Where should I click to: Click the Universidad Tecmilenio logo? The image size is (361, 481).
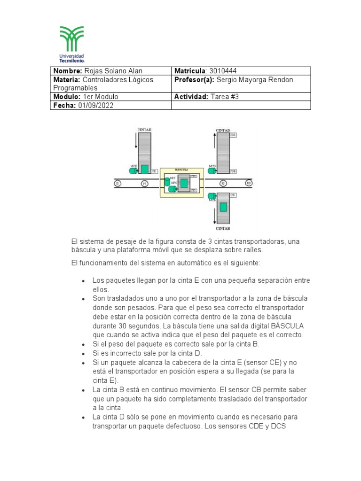(71, 44)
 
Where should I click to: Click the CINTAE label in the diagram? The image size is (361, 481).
(144, 129)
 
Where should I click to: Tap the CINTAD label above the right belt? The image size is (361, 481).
(223, 130)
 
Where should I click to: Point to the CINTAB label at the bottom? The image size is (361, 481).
(223, 228)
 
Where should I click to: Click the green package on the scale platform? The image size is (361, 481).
(184, 183)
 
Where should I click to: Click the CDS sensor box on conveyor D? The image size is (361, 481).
(233, 135)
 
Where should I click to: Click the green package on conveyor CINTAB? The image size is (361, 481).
(223, 207)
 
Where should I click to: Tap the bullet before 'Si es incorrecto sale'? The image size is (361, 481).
(83, 353)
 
